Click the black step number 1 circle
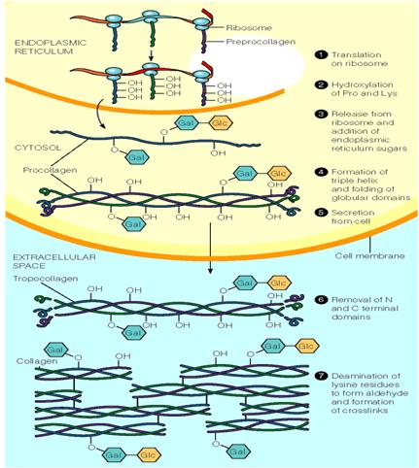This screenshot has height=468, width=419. coord(320,54)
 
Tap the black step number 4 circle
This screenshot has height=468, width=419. coord(320,172)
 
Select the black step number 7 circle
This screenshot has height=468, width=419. coord(320,376)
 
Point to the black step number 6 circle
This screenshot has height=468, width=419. coord(320,299)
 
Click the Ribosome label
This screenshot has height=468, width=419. coord(249,28)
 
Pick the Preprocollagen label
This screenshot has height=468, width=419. coord(261,42)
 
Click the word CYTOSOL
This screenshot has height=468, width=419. coord(38,148)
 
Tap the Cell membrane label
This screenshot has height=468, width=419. coord(369,255)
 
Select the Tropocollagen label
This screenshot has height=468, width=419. coord(46,279)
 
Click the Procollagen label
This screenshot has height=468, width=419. coord(50,170)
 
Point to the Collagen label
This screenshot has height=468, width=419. coord(37,361)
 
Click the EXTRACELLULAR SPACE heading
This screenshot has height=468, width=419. coord(54,261)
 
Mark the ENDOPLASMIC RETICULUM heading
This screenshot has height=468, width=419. coord(51,47)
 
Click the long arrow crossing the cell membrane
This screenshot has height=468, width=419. coord(210,248)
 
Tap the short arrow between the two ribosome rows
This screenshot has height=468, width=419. coord(151,54)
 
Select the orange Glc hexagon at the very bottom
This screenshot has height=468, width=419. coord(149,455)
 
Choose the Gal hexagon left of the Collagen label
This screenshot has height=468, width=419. coord(56,350)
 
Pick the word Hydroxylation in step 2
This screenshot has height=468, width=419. coord(362,85)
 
